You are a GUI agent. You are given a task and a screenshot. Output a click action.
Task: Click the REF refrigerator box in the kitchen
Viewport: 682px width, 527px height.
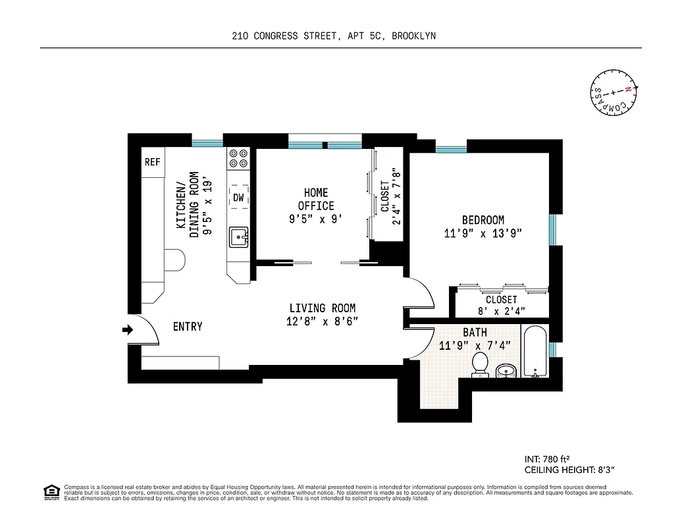pos(153,162)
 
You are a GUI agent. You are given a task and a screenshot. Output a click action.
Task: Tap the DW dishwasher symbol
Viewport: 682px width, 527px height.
pos(238,197)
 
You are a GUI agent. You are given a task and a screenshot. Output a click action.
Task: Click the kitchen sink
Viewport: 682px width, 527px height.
pos(238,236)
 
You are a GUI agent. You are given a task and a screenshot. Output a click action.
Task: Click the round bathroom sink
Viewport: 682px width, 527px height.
pos(506,371)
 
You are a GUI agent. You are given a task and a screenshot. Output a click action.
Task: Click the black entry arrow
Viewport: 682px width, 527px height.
pos(127,329)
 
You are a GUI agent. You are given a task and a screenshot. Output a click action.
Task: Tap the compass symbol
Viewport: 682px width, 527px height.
pos(613,92)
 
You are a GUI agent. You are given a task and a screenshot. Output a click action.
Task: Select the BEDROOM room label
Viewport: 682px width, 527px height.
pos(483,220)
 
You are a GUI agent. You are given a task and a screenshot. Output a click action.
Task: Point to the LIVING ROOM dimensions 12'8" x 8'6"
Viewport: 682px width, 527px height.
pos(322,322)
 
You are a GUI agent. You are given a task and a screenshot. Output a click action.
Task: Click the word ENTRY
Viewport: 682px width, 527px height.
pos(188,327)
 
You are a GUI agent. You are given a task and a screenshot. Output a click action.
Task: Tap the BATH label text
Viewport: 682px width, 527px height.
pos(475,333)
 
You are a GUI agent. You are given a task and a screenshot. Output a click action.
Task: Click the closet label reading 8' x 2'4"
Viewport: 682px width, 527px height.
pos(502,312)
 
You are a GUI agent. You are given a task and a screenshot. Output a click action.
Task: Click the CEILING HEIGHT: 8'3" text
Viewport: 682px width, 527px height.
pos(569,470)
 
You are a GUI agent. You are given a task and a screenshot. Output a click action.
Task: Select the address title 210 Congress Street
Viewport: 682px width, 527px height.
pos(334,37)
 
